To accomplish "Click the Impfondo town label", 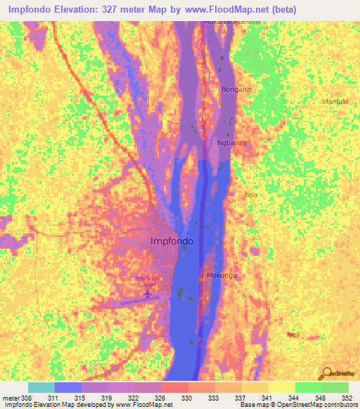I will (172, 242).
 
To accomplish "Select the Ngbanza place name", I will (231, 143).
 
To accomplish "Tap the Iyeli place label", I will (292, 335).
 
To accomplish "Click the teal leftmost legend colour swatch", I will (41, 387).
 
